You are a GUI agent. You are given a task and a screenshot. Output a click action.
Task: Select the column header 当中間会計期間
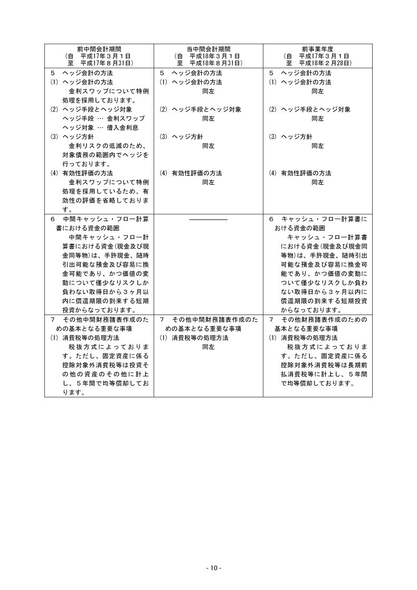pos(208,48)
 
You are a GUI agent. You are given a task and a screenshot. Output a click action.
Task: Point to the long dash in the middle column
pos(208,219)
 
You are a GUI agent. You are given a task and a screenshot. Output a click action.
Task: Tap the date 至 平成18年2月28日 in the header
pos(317,63)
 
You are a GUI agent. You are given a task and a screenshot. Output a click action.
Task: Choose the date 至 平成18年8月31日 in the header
pos(208,63)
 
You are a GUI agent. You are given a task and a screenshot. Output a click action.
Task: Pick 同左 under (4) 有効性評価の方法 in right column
pos(317,182)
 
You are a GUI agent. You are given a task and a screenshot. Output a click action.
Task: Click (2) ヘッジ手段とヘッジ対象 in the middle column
pos(200,109)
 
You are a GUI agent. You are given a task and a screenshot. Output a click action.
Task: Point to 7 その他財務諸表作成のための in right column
pos(317,320)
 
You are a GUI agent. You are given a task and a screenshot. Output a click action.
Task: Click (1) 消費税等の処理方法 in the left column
pos(84,338)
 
